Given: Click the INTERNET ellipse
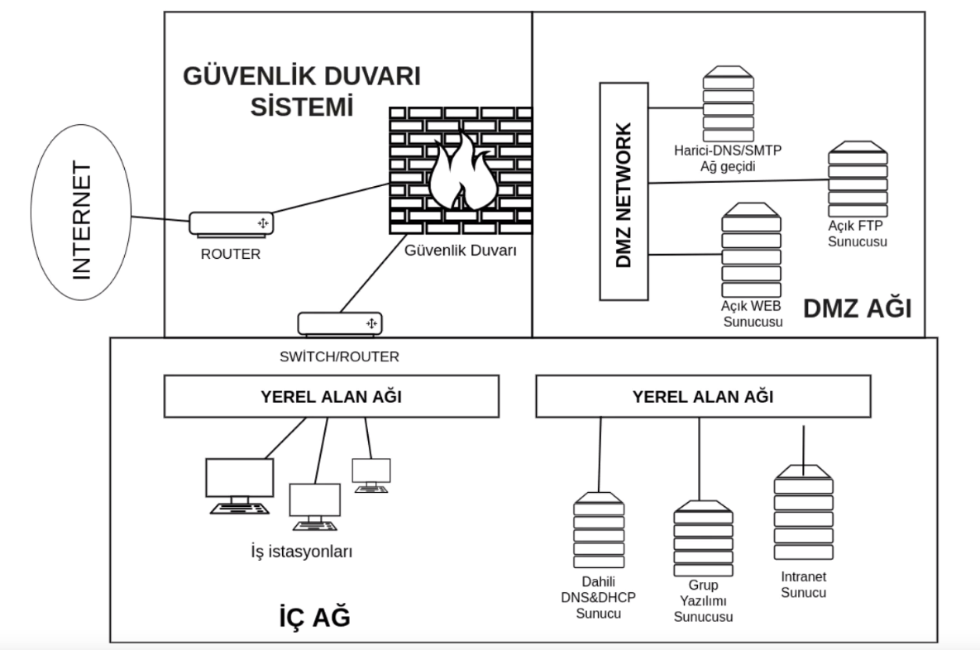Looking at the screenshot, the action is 81,212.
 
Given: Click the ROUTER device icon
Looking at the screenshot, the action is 232,224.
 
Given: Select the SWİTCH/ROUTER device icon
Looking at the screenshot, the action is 340,323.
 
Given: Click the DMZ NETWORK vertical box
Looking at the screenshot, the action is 624,191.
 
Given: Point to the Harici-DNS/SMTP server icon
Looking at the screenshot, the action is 728,103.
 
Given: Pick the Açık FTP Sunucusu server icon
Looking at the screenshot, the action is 858,179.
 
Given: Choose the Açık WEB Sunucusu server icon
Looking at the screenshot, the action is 751,250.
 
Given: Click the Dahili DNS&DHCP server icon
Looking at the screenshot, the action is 599,530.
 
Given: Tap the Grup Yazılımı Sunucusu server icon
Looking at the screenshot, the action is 703,538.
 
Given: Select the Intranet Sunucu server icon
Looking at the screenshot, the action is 804,512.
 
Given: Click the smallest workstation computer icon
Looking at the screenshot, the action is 371,475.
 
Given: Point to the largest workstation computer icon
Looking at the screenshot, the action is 240,486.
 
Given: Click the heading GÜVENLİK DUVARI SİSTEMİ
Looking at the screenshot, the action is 302,91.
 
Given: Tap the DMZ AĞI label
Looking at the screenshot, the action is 857,308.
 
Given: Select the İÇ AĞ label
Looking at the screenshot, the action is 314,616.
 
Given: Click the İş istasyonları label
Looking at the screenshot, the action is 302,552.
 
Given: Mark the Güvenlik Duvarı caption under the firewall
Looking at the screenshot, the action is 461,250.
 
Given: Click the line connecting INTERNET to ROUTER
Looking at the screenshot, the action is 160,219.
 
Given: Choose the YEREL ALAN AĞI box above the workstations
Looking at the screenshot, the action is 332,396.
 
